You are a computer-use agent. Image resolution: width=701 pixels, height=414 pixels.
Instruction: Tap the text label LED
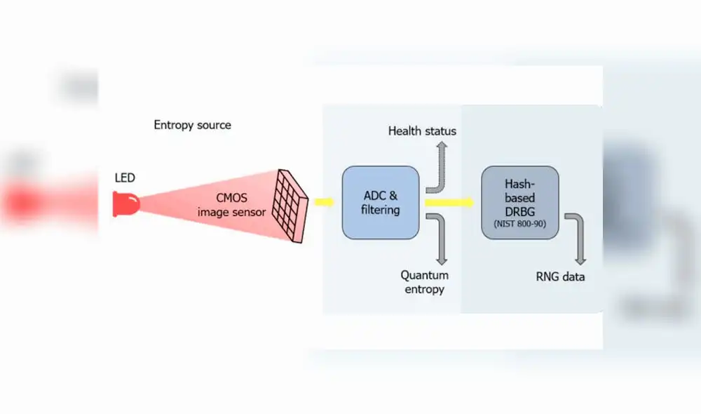[x=125, y=178]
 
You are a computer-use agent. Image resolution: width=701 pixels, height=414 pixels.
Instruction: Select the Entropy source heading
[x=192, y=125]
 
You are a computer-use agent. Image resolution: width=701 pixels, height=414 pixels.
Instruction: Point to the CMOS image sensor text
[x=231, y=204]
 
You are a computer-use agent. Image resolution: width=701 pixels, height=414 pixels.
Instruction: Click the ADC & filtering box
[x=380, y=203]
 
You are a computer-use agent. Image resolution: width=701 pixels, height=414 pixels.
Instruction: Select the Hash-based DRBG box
[x=519, y=203]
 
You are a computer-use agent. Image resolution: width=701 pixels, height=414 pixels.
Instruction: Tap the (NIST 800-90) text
[x=519, y=225]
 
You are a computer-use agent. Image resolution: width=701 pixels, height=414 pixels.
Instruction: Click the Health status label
[x=422, y=131]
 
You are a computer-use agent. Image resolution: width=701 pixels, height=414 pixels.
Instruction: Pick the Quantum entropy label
[x=424, y=282]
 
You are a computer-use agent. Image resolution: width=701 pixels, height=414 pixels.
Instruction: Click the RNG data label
[x=559, y=276]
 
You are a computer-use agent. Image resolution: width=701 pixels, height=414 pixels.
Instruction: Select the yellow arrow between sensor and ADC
[x=323, y=203]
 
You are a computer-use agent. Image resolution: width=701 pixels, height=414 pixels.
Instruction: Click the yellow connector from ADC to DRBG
[x=449, y=203]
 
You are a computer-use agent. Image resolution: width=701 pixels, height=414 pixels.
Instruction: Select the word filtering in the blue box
[x=380, y=210]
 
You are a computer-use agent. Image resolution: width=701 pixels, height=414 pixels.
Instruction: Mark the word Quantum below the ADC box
[x=424, y=275]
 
